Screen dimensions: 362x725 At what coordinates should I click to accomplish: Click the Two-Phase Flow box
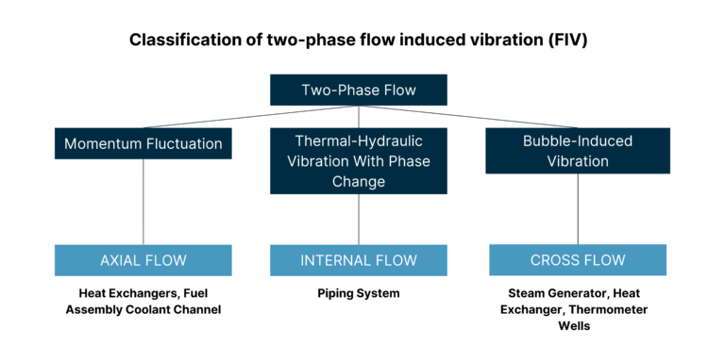click(x=359, y=90)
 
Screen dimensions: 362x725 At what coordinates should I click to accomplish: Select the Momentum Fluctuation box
click(x=143, y=143)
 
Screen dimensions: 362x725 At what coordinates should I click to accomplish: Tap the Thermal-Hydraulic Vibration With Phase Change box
click(x=359, y=160)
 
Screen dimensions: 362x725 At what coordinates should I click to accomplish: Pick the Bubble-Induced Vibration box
click(x=578, y=151)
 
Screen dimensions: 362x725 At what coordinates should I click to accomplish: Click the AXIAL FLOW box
click(x=143, y=260)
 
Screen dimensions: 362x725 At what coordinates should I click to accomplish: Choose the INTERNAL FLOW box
click(x=359, y=260)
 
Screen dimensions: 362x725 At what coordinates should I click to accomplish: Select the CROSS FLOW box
click(x=578, y=260)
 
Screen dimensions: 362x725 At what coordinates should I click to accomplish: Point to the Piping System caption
click(x=359, y=293)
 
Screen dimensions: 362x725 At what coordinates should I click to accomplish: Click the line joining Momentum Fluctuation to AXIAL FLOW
click(x=143, y=202)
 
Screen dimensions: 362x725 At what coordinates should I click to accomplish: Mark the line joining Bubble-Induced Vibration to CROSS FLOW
click(x=578, y=209)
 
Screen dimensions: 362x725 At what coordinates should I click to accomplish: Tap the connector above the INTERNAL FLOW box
click(x=359, y=219)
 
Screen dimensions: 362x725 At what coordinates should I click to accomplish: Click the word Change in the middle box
click(x=359, y=180)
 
